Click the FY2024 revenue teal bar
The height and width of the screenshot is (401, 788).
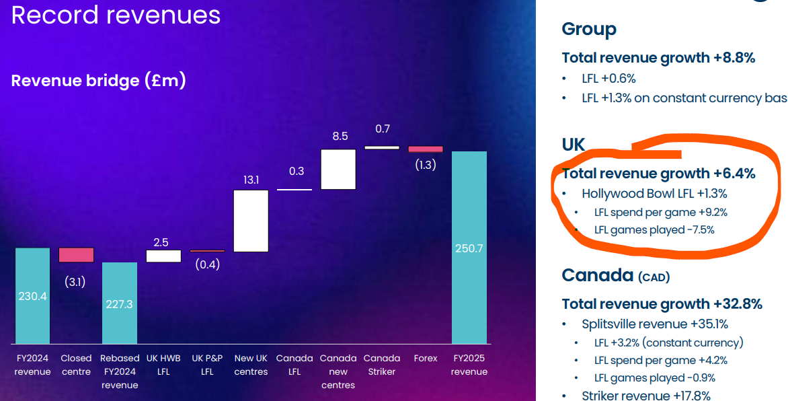click(32, 296)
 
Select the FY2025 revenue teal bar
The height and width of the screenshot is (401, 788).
click(469, 248)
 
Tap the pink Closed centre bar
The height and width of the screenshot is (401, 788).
click(76, 255)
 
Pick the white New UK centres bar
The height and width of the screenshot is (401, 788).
click(251, 221)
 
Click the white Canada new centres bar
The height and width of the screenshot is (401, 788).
click(338, 169)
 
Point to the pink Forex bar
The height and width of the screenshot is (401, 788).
click(426, 149)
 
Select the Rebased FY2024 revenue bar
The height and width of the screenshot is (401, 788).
click(120, 303)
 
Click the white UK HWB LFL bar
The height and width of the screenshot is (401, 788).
click(163, 256)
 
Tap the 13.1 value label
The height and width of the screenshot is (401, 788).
click(251, 180)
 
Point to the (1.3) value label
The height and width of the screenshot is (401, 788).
click(425, 165)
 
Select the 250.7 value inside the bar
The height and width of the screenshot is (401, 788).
click(469, 248)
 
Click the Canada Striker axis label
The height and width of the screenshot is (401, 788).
click(382, 365)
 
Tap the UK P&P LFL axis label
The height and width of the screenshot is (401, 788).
click(207, 365)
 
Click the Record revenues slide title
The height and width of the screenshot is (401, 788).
click(116, 15)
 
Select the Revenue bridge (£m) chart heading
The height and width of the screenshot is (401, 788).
click(98, 81)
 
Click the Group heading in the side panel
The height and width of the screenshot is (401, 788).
click(589, 29)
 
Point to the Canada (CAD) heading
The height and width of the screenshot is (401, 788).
click(615, 275)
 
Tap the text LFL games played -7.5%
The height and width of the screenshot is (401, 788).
click(654, 229)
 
